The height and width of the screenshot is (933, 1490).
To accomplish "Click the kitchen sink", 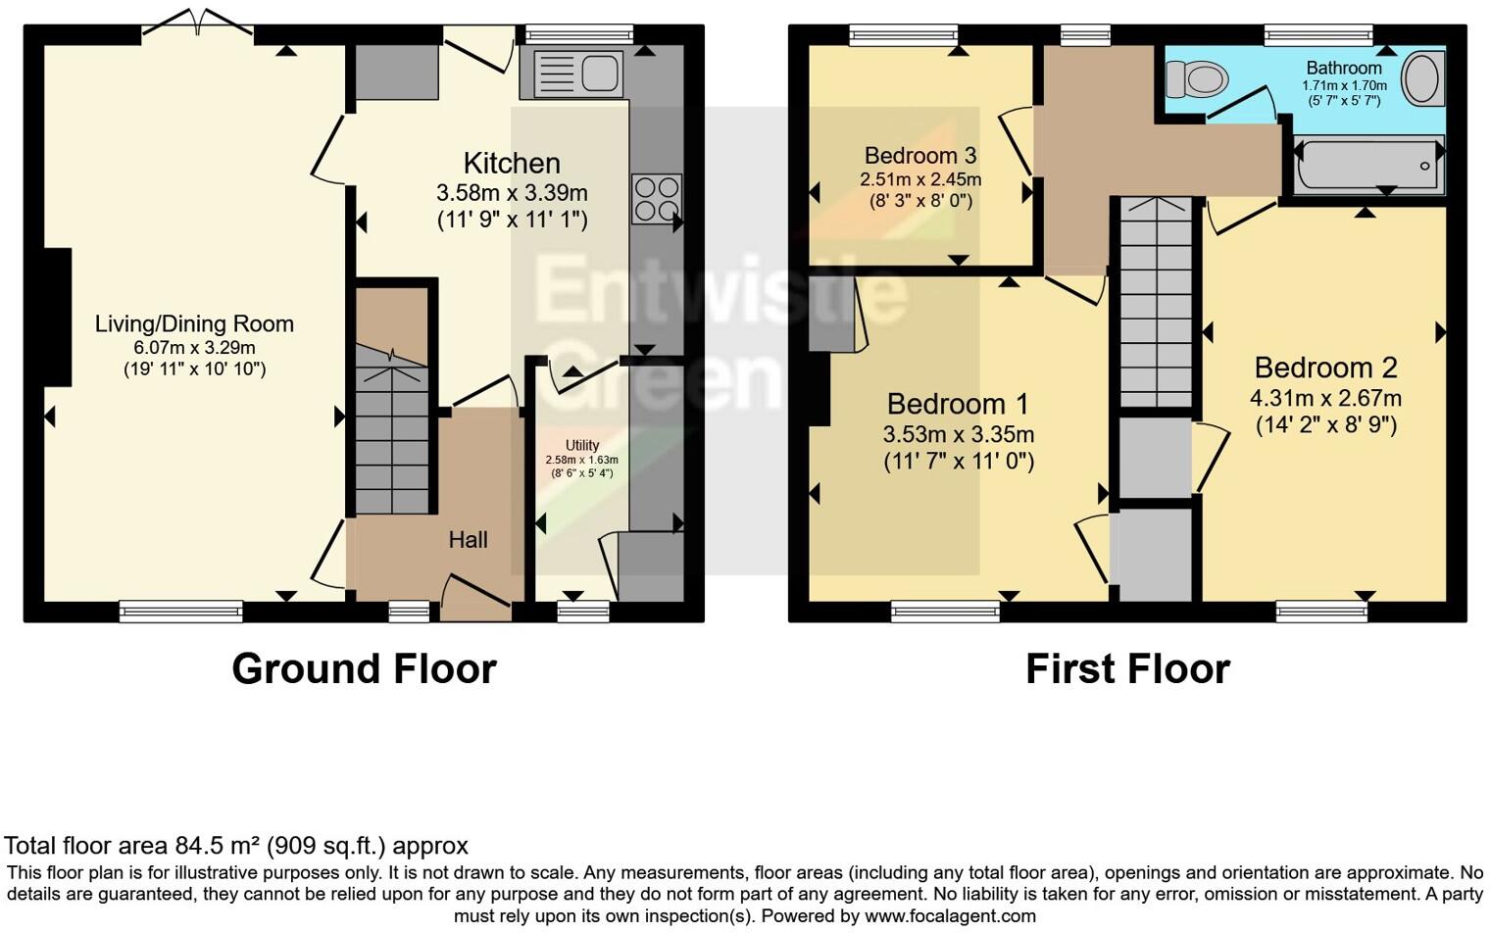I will (x=578, y=74).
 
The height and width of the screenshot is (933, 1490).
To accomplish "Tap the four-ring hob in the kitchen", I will (x=657, y=199).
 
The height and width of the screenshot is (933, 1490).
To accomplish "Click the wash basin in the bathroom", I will (x=1422, y=78).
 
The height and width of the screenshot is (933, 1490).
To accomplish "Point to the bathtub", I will (x=1368, y=165).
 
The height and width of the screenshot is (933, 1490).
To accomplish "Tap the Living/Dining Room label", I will (x=194, y=324).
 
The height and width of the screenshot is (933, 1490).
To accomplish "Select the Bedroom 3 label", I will (x=919, y=156).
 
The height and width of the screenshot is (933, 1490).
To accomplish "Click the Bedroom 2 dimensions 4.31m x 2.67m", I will (x=1325, y=399).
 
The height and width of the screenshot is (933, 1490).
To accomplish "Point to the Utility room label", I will (x=581, y=445).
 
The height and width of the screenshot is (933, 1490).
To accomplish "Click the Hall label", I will (x=468, y=540).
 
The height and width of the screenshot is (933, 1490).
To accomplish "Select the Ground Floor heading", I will (x=364, y=669).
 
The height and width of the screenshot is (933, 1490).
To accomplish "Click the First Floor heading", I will (x=1127, y=669).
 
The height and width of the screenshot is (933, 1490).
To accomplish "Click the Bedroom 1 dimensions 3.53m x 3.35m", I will (x=958, y=435).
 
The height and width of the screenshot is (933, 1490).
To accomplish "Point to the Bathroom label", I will (x=1344, y=68).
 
